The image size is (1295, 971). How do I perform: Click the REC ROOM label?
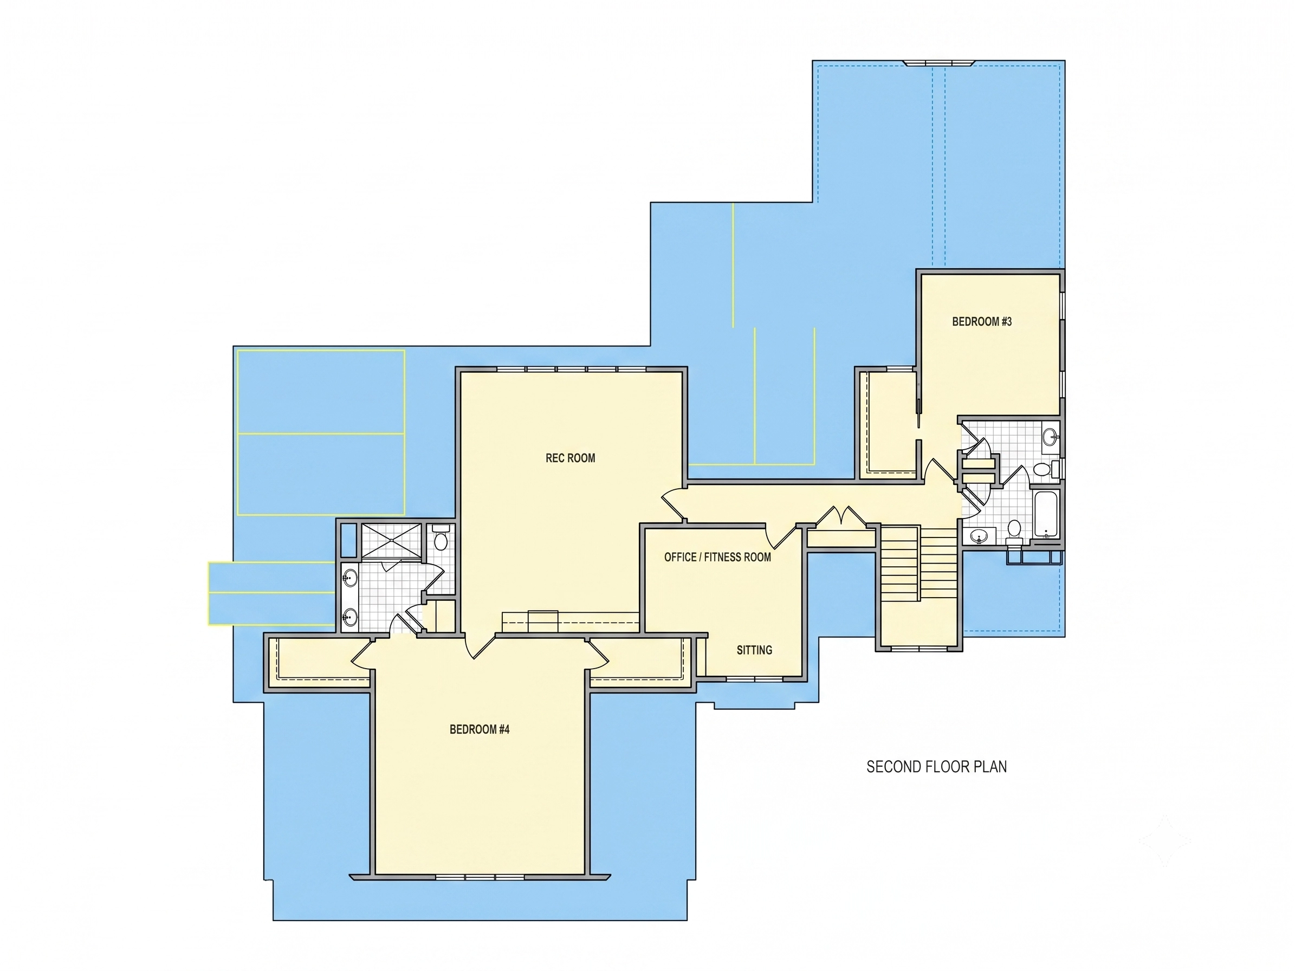click(570, 458)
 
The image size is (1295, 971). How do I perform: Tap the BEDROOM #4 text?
click(480, 729)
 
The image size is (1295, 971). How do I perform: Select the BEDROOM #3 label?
click(982, 321)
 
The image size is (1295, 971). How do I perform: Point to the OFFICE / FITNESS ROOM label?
click(717, 557)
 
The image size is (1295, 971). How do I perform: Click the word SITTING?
click(754, 650)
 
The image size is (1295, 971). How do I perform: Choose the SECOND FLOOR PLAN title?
click(936, 767)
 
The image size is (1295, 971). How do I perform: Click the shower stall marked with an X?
click(391, 541)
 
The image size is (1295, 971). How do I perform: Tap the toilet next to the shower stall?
click(441, 538)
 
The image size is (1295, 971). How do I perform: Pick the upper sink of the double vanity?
click(349, 579)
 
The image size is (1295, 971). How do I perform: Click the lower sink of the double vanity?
click(349, 617)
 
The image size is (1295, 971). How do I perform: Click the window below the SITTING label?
click(755, 679)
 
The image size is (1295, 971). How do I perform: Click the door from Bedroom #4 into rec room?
click(480, 647)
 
